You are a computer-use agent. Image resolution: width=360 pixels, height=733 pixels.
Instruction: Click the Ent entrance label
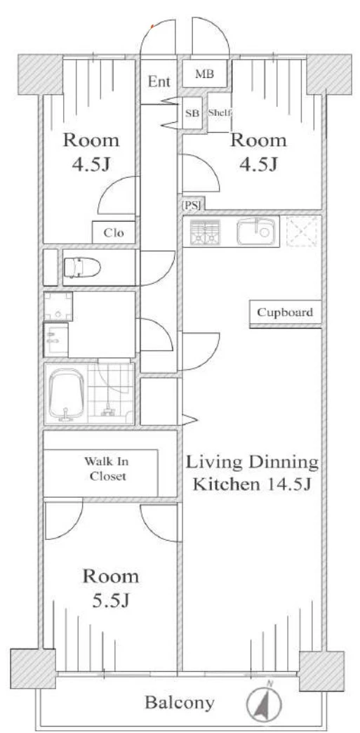click(159, 82)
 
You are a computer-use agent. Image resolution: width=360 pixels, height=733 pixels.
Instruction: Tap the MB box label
click(205, 74)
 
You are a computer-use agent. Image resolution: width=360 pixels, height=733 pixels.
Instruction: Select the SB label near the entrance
click(192, 112)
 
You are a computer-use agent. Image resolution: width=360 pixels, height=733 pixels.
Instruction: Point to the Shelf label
click(220, 112)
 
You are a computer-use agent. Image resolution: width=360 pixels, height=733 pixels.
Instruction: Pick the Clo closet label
click(114, 232)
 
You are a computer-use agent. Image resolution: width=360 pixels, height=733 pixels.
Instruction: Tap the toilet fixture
click(82, 268)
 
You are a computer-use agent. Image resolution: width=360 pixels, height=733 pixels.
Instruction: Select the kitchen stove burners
click(204, 232)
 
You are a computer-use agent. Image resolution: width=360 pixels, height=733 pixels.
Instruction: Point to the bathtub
click(66, 393)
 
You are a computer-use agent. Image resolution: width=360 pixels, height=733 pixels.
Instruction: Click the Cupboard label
click(285, 312)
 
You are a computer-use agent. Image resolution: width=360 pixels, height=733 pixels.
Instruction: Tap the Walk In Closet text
click(106, 469)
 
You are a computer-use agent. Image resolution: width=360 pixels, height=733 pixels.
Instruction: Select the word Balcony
click(180, 702)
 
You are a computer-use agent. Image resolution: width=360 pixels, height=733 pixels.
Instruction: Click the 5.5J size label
click(110, 601)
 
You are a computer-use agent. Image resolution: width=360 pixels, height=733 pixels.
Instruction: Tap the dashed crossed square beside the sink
click(302, 232)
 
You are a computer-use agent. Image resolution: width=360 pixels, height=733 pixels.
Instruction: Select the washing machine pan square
click(58, 306)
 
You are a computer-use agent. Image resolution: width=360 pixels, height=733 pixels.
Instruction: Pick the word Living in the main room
click(215, 463)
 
